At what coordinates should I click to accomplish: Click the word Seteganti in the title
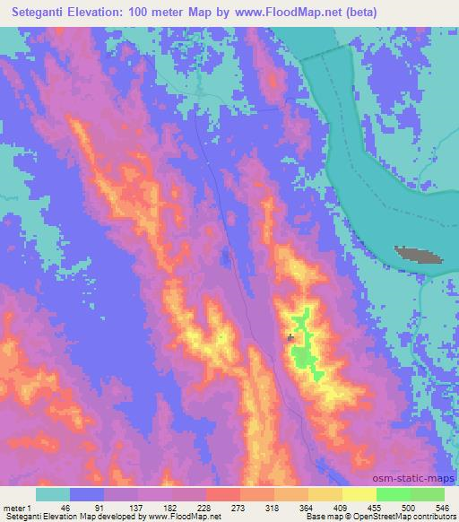click(x=44, y=12)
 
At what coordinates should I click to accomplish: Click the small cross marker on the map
click(x=290, y=337)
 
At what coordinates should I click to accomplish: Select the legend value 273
click(x=223, y=508)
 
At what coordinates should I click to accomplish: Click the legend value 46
click(x=53, y=508)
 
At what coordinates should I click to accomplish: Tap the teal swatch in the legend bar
click(x=53, y=494)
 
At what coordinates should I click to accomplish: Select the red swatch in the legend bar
click(x=223, y=494)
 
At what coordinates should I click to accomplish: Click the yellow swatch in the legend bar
click(x=325, y=494)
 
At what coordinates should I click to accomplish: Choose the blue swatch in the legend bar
click(x=87, y=494)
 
